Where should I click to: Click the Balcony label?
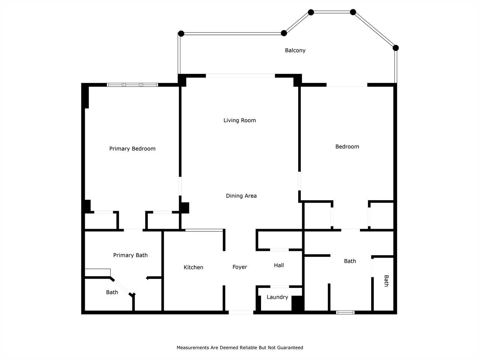295,51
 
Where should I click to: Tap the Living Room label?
240,120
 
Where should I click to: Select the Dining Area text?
241,196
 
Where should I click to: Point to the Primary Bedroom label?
132,148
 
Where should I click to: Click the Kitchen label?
193,267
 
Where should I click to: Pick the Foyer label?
240,267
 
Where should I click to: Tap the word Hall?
279,265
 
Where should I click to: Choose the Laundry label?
277,297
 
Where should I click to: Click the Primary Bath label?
130,255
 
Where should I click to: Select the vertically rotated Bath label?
386,281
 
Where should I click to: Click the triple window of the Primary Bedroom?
132,85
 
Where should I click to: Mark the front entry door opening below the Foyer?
241,312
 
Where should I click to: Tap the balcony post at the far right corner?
396,48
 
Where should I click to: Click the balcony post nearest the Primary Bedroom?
181,34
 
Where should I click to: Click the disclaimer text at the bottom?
240,348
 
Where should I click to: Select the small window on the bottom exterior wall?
345,313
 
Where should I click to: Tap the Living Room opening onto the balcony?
240,76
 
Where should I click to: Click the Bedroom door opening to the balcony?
347,85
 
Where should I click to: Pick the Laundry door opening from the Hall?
280,286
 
